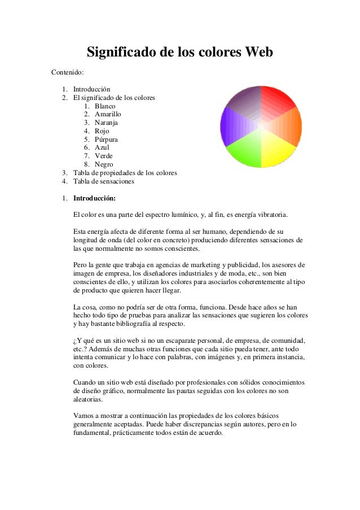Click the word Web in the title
256,53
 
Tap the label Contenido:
68,73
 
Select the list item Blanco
106,106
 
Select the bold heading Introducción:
95,199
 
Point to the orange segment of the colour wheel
293,125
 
